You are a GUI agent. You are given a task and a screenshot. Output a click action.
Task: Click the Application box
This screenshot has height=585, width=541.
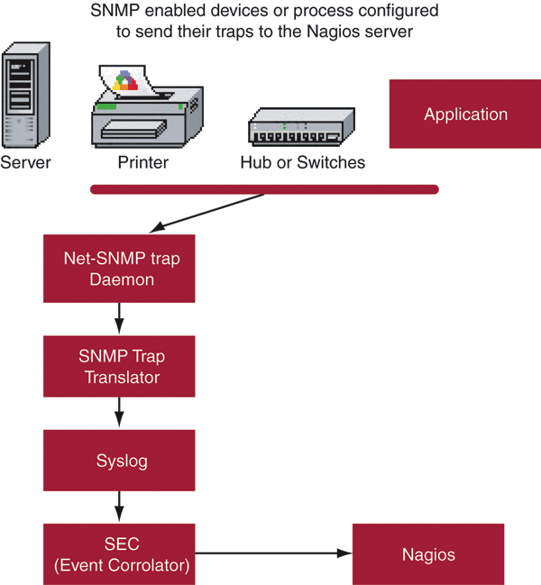465,114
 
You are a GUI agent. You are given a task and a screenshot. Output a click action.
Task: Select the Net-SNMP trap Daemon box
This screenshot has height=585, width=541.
120,269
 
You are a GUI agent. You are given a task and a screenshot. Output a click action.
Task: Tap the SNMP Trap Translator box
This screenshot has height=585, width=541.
120,366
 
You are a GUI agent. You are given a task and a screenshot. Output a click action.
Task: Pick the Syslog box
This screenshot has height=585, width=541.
120,461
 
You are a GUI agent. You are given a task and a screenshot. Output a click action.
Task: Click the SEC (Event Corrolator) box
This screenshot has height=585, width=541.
120,553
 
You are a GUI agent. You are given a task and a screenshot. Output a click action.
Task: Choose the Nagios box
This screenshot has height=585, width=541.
428,553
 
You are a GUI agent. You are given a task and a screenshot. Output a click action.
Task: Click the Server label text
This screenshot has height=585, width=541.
25,163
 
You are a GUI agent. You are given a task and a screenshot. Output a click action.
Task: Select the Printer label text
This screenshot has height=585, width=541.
143,163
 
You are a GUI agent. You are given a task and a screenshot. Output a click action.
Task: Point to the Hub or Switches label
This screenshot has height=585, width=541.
302,163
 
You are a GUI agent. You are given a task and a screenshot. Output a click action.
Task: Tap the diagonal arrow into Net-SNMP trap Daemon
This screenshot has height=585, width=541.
207,213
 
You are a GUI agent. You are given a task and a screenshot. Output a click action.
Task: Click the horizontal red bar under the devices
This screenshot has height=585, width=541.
264,189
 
